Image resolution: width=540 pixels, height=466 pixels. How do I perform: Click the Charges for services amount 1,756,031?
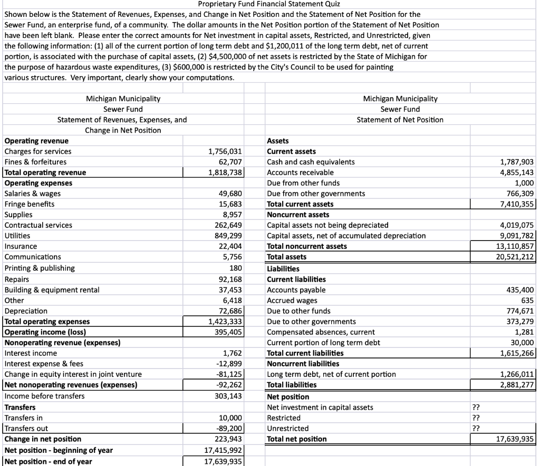coord(225,151)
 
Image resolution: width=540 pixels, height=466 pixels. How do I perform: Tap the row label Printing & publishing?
coord(40,268)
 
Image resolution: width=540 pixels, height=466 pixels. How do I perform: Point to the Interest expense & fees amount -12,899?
coord(230,363)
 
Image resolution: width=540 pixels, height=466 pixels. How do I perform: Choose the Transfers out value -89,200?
coord(230,428)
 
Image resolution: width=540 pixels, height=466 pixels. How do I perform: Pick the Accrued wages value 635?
coord(527,300)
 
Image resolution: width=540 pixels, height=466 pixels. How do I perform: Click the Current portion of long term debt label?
coord(323,342)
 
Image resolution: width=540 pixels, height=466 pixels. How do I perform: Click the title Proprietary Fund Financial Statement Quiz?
coord(269,4)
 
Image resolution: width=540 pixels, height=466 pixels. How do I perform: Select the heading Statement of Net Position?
coord(400,120)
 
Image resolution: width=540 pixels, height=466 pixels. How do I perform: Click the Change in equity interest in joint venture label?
coord(73,374)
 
